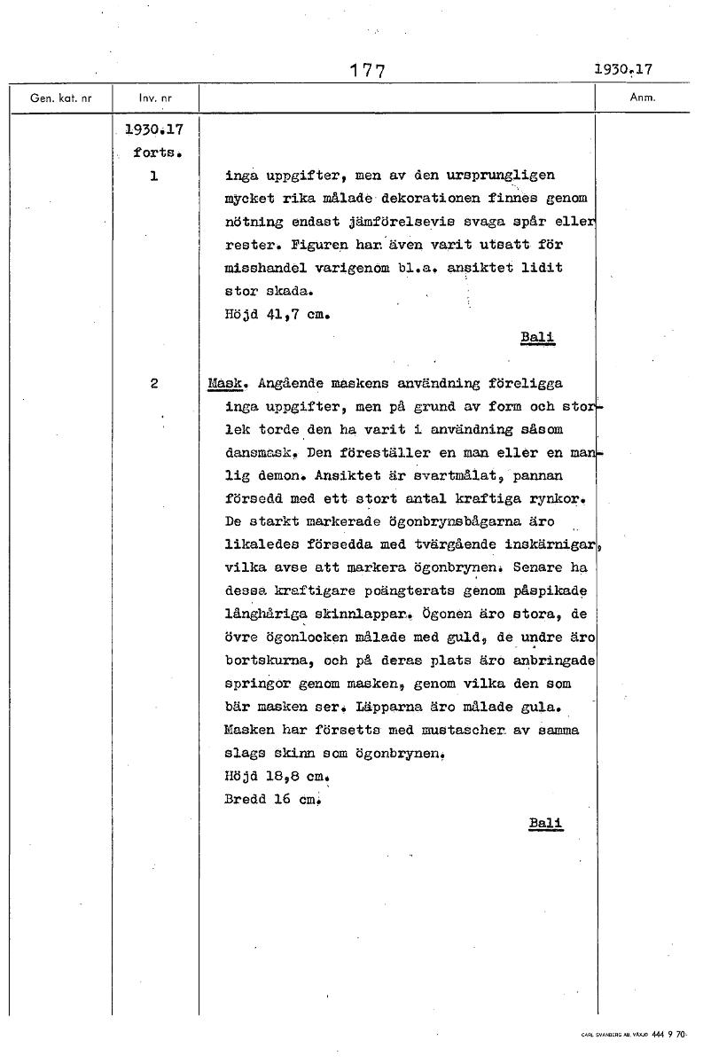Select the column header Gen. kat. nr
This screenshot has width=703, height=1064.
click(x=60, y=98)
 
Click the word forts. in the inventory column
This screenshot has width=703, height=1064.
click(x=157, y=153)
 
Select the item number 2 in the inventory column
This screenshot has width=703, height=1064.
click(x=154, y=384)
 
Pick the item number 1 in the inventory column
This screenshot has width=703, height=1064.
click(x=154, y=176)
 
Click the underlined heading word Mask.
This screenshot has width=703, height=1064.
click(x=229, y=384)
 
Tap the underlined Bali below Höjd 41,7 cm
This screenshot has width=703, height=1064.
click(x=538, y=336)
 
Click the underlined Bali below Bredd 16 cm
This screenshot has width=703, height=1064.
click(x=546, y=823)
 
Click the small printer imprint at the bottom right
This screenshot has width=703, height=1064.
click(x=637, y=1034)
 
